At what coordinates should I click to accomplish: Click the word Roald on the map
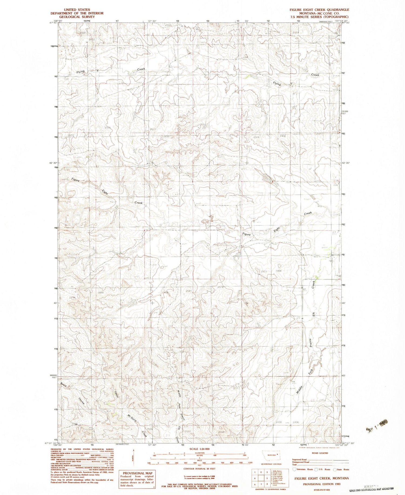64,385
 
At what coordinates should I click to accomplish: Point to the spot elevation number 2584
189,291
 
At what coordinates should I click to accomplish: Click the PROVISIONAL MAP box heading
137,473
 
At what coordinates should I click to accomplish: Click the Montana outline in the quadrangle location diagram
273,455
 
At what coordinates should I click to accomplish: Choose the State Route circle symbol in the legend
335,469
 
